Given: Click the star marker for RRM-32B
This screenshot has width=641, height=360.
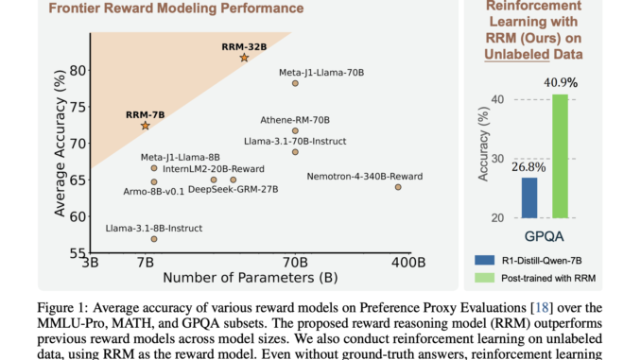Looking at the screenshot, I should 244,58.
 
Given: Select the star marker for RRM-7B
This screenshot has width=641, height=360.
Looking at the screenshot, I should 145,126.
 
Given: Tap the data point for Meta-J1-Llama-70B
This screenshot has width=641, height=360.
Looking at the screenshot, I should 295,83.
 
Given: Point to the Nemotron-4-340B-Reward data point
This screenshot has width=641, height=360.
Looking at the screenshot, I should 398,187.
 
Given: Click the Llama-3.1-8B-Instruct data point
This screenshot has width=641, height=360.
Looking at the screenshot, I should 153,239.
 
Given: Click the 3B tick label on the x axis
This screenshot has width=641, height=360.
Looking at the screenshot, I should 91,261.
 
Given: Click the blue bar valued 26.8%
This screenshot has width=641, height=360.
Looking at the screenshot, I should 529,197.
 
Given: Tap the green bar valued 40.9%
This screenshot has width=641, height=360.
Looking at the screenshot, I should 560,155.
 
